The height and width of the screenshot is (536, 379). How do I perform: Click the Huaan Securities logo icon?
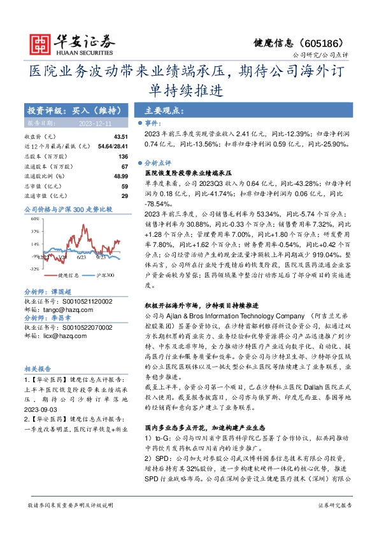pyautogui.click(x=43, y=44)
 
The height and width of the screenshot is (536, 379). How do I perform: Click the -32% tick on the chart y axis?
pyautogui.click(x=34, y=269)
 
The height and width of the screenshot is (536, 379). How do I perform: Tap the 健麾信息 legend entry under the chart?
pyautogui.click(x=68, y=276)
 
